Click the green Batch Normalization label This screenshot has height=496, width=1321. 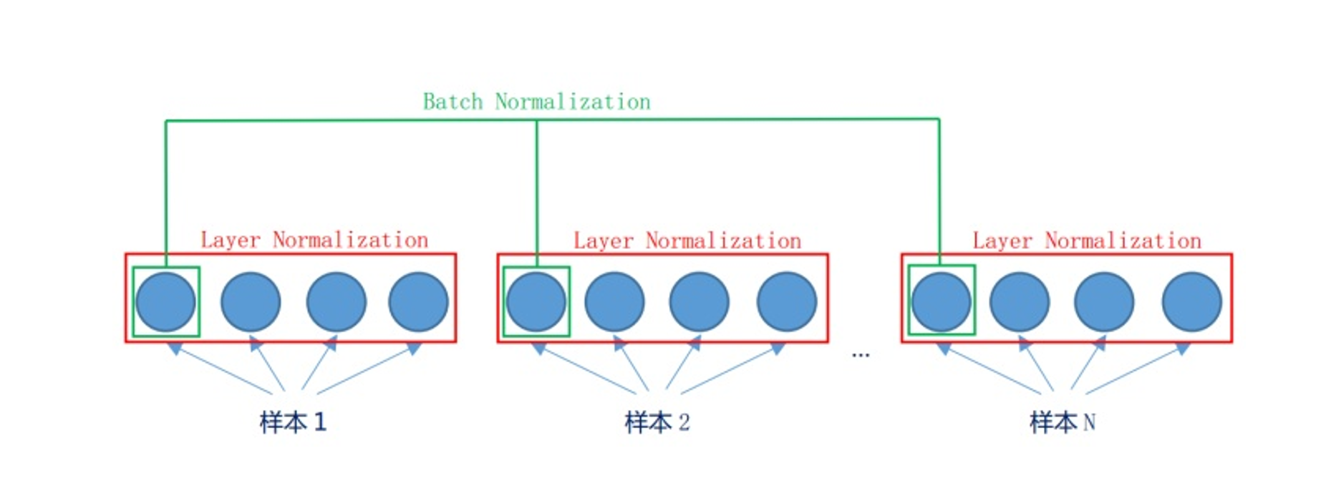tap(536, 102)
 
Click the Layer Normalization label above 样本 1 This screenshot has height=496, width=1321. tap(314, 240)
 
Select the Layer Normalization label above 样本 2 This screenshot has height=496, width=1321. tap(687, 240)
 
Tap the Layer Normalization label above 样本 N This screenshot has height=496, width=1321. tap(1087, 240)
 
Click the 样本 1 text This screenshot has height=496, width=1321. tap(293, 422)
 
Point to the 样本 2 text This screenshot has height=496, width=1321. tap(657, 422)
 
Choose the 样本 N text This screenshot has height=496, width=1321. tap(1063, 422)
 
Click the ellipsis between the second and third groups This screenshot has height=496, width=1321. tap(861, 354)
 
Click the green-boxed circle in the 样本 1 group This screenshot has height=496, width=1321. tap(165, 301)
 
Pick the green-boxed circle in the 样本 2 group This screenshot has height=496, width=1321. tap(536, 301)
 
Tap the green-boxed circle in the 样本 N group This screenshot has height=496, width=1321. tap(941, 301)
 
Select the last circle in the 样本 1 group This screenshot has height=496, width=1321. tap(418, 301)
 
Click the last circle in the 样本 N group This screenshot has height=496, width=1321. tap(1191, 301)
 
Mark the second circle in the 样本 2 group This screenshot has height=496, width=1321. tap(614, 301)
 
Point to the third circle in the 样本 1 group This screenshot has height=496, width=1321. tap(336, 301)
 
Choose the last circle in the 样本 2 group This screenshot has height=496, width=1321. tap(786, 301)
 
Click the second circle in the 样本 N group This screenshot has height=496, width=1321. tap(1020, 301)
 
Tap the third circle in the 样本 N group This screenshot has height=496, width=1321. tap(1104, 301)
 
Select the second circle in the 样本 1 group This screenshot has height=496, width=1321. tap(251, 301)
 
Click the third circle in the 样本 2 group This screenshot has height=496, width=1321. tap(699, 301)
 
